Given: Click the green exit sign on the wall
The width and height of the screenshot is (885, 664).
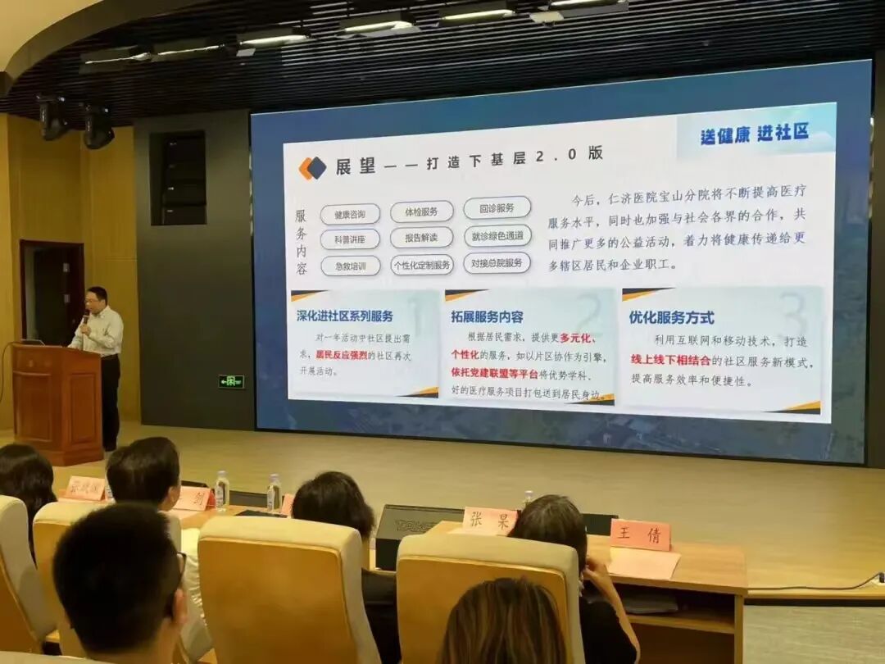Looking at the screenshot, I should pyautogui.click(x=230, y=381).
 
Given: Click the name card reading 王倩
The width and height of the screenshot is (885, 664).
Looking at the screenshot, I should pyautogui.click(x=640, y=534).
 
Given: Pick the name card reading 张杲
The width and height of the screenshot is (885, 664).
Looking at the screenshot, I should pyautogui.click(x=488, y=521).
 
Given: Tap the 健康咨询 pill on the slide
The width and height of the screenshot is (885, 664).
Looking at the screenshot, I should pyautogui.click(x=350, y=215).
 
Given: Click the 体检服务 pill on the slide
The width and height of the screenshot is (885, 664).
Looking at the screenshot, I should pyautogui.click(x=421, y=211).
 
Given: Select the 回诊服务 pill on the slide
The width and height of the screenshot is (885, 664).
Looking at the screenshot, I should pyautogui.click(x=497, y=207).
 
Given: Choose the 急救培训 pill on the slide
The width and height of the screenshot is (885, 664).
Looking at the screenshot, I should pyautogui.click(x=350, y=266).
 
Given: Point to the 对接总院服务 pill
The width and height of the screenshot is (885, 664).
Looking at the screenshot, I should pyautogui.click(x=497, y=262).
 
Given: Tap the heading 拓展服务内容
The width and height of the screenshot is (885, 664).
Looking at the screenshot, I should pyautogui.click(x=487, y=316).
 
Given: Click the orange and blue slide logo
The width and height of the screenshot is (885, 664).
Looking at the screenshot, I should pyautogui.click(x=312, y=168).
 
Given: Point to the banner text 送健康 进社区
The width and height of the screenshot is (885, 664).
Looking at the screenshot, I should pyautogui.click(x=754, y=134).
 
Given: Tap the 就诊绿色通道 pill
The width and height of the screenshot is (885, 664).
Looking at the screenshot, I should pyautogui.click(x=497, y=236).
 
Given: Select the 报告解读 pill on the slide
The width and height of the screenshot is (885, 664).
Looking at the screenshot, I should pyautogui.click(x=421, y=238).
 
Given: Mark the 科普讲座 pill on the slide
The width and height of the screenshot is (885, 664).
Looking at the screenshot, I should pyautogui.click(x=350, y=239).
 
